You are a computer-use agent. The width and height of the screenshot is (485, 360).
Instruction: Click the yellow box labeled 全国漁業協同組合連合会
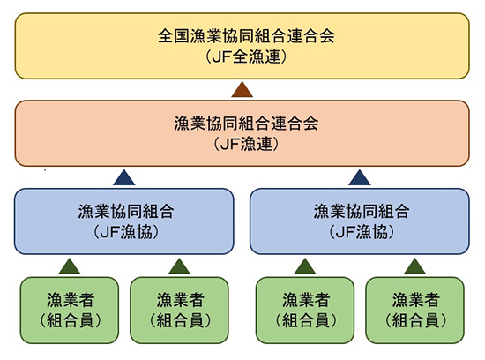coord(242,45)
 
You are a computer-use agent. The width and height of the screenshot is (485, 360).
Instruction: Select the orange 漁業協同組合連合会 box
coord(242,132)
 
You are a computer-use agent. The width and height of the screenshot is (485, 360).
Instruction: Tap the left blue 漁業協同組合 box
coord(123,221)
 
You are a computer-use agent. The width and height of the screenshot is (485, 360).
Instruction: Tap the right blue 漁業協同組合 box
coord(360,221)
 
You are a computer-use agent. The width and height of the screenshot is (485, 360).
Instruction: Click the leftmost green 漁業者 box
coord(70,309)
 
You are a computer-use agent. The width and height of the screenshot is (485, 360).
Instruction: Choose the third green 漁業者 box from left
coord(305,309)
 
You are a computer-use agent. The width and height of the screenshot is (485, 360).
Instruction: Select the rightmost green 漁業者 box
coord(414,309)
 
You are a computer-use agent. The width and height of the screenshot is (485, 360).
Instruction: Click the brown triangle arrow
coord(242,89)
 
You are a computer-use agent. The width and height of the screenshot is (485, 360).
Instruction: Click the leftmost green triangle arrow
coord(70,266)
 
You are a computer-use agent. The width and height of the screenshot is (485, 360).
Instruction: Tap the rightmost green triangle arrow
coord(414,266)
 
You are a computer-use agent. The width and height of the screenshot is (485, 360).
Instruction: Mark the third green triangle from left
coord(305,266)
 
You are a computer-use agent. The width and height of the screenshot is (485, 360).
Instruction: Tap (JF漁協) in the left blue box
coord(123,231)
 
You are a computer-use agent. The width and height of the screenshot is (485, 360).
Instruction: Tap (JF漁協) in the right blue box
coord(360,231)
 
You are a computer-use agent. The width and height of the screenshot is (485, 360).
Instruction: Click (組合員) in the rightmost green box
coord(414,319)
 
